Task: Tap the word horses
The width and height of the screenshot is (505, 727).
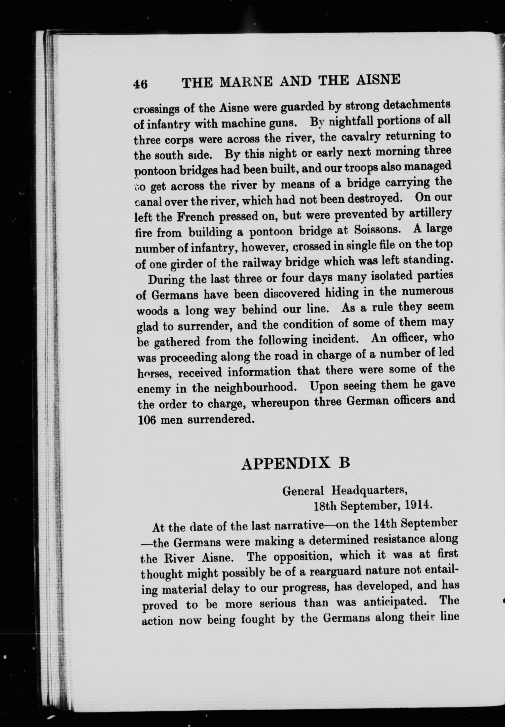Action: (154, 375)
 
